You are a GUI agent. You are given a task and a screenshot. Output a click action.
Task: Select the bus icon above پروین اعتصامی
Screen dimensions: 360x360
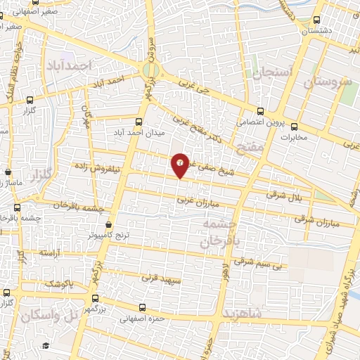(x=260, y=110)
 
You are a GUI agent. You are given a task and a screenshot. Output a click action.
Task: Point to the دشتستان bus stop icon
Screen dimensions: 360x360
(x=316, y=20)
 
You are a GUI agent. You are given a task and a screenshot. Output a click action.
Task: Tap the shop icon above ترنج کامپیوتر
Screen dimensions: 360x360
(x=108, y=224)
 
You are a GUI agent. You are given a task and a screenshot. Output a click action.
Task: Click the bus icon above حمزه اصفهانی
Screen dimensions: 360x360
(x=143, y=307)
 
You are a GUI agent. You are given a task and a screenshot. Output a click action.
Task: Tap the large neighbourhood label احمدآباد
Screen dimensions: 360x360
(x=70, y=65)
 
